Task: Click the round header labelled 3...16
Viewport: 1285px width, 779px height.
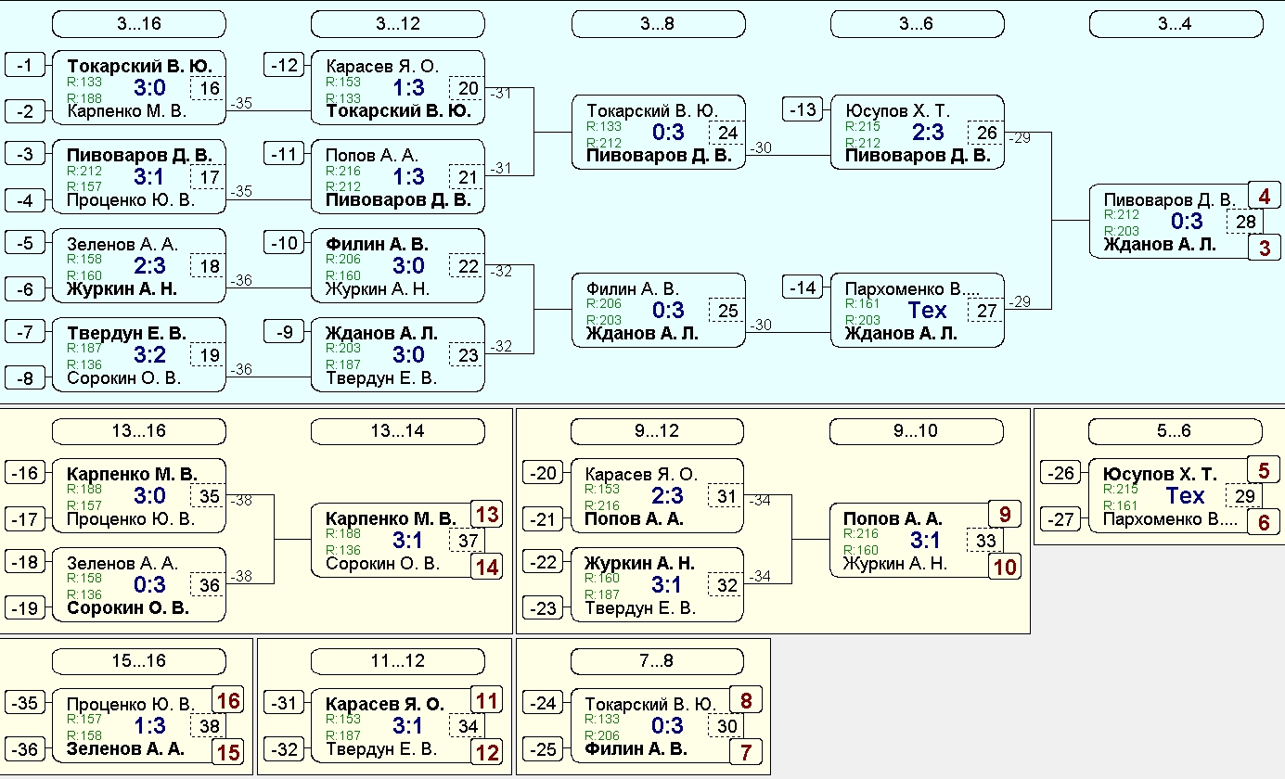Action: point(139,24)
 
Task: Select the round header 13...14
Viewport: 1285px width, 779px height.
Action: point(397,431)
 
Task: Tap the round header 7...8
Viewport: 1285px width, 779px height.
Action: point(657,661)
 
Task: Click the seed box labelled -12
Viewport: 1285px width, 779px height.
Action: point(284,65)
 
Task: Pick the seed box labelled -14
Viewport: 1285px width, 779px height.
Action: point(803,287)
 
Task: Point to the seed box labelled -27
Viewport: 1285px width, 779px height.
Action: point(1060,519)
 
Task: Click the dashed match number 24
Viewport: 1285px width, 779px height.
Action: point(727,133)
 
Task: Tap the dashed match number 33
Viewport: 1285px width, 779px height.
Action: point(985,541)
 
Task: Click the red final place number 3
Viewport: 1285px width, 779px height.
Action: point(1265,249)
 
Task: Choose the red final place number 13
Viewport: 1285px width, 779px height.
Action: point(487,514)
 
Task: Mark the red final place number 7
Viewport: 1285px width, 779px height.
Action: point(746,752)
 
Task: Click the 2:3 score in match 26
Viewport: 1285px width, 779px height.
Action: point(928,133)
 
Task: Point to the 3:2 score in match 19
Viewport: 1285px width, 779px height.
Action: point(149,355)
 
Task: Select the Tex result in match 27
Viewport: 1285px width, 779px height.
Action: point(927,310)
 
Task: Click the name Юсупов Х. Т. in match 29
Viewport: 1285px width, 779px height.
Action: point(1160,474)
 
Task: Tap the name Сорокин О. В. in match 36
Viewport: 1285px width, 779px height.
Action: point(128,607)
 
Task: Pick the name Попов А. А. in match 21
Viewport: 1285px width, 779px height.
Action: point(372,156)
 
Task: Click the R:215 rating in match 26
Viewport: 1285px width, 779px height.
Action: point(863,126)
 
